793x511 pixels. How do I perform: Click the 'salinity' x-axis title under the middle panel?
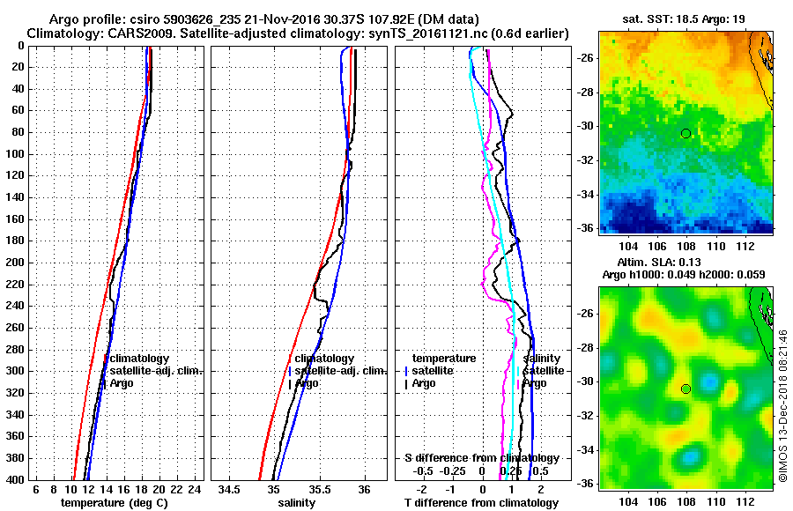pyautogui.click(x=296, y=502)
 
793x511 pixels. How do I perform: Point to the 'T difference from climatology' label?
pyautogui.click(x=481, y=502)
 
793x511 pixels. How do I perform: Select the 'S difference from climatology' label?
pyautogui.click(x=481, y=458)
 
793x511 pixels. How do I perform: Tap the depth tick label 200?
pyautogui.click(x=18, y=263)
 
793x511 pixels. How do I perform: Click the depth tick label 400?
pyautogui.click(x=18, y=479)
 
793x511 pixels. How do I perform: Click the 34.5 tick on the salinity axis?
pyautogui.click(x=230, y=489)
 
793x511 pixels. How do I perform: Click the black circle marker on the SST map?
pyautogui.click(x=686, y=133)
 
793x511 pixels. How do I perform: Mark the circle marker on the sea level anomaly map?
pyautogui.click(x=686, y=389)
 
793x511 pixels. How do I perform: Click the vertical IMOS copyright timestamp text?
pyautogui.click(x=782, y=404)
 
